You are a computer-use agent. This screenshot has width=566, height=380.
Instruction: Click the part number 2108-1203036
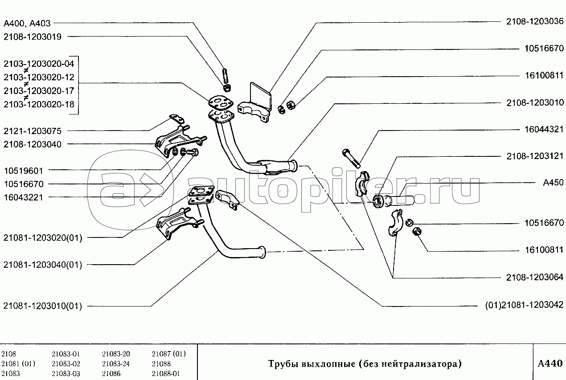[535, 21]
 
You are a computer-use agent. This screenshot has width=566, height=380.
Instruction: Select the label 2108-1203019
[33, 37]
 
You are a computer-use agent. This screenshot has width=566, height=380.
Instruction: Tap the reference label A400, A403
[27, 23]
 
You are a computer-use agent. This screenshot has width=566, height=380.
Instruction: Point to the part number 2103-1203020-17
[39, 91]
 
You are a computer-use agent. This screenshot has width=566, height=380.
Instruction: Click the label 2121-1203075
[33, 131]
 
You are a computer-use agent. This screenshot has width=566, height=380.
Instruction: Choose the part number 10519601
[24, 171]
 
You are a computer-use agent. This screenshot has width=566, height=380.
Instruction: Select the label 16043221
[24, 197]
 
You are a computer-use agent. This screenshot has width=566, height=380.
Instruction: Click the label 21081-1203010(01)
[42, 306]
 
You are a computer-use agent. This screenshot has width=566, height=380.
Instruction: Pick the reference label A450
[553, 183]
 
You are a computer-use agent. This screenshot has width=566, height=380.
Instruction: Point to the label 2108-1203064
[535, 277]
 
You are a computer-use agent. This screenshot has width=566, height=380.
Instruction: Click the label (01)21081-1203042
[524, 305]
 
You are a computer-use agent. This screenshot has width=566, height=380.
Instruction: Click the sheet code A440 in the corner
[550, 364]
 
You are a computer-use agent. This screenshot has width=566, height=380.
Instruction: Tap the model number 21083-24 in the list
[116, 364]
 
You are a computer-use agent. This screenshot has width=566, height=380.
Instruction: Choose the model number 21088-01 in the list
[165, 373]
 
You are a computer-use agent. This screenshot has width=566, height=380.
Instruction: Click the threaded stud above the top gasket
[226, 75]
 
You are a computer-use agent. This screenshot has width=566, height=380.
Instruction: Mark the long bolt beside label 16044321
[351, 159]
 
